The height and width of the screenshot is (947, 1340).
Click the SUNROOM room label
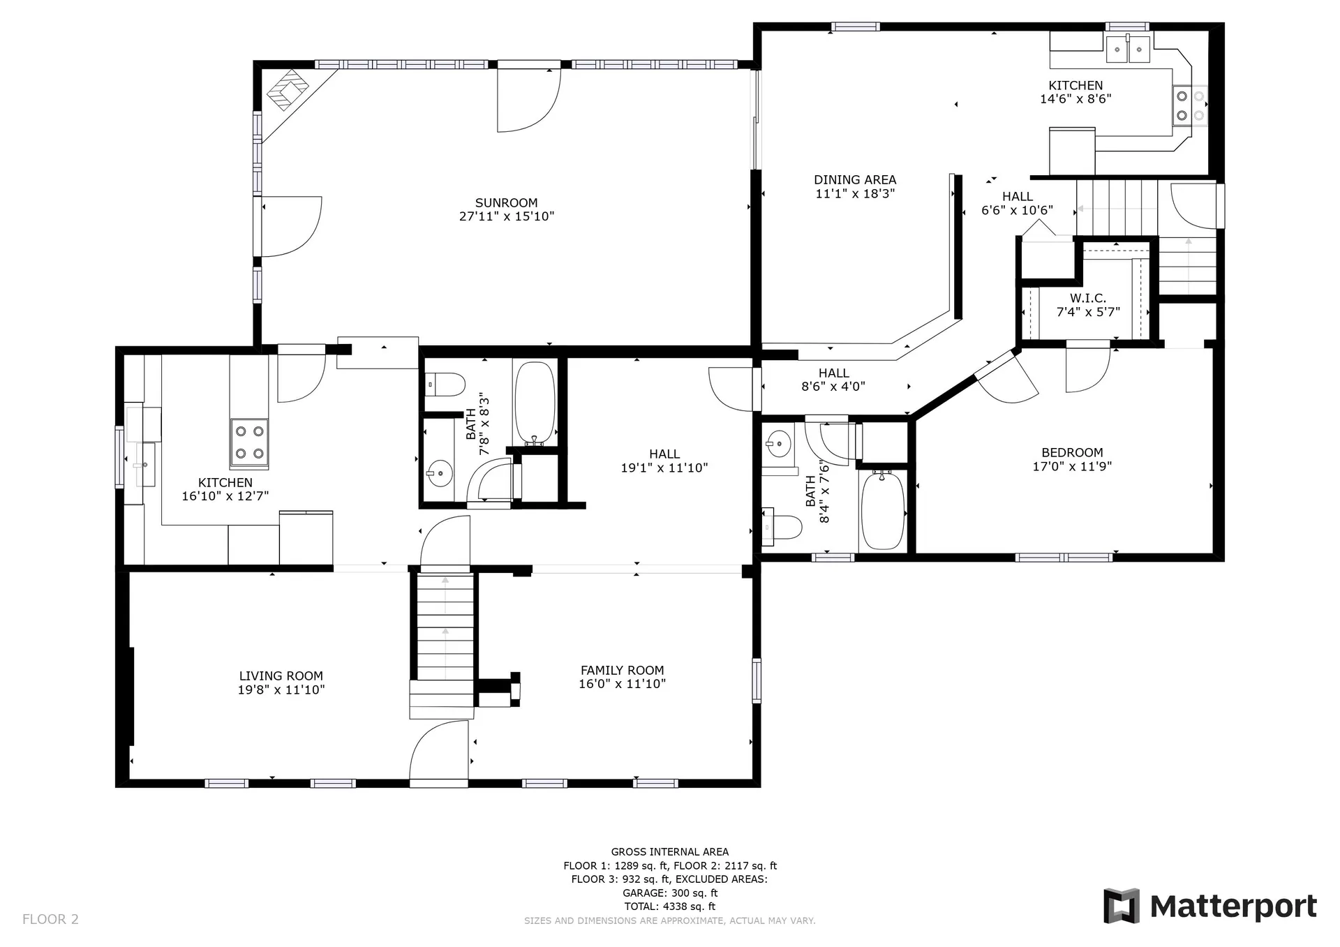(506, 203)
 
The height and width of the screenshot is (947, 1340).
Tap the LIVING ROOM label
(281, 676)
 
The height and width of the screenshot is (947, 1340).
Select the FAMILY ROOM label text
(623, 670)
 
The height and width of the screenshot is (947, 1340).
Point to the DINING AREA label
(855, 179)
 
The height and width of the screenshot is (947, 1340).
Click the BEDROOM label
(1072, 452)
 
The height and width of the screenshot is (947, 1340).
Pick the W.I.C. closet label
(1088, 298)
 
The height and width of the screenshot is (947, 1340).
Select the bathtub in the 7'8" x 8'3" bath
(535, 403)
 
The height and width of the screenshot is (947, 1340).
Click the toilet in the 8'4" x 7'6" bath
(782, 527)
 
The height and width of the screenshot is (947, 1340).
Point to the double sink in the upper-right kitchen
(1128, 49)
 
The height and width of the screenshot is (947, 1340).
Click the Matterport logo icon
(1122, 906)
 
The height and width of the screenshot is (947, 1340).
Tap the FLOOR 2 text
(50, 919)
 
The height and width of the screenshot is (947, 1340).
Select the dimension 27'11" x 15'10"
(506, 216)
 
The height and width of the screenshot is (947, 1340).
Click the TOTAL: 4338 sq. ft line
(670, 907)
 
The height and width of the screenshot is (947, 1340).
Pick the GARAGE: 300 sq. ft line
(670, 893)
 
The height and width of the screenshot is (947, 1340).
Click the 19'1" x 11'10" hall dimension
(664, 468)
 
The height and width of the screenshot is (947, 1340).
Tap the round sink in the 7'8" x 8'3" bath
(440, 475)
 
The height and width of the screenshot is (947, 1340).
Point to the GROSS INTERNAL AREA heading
(670, 851)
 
